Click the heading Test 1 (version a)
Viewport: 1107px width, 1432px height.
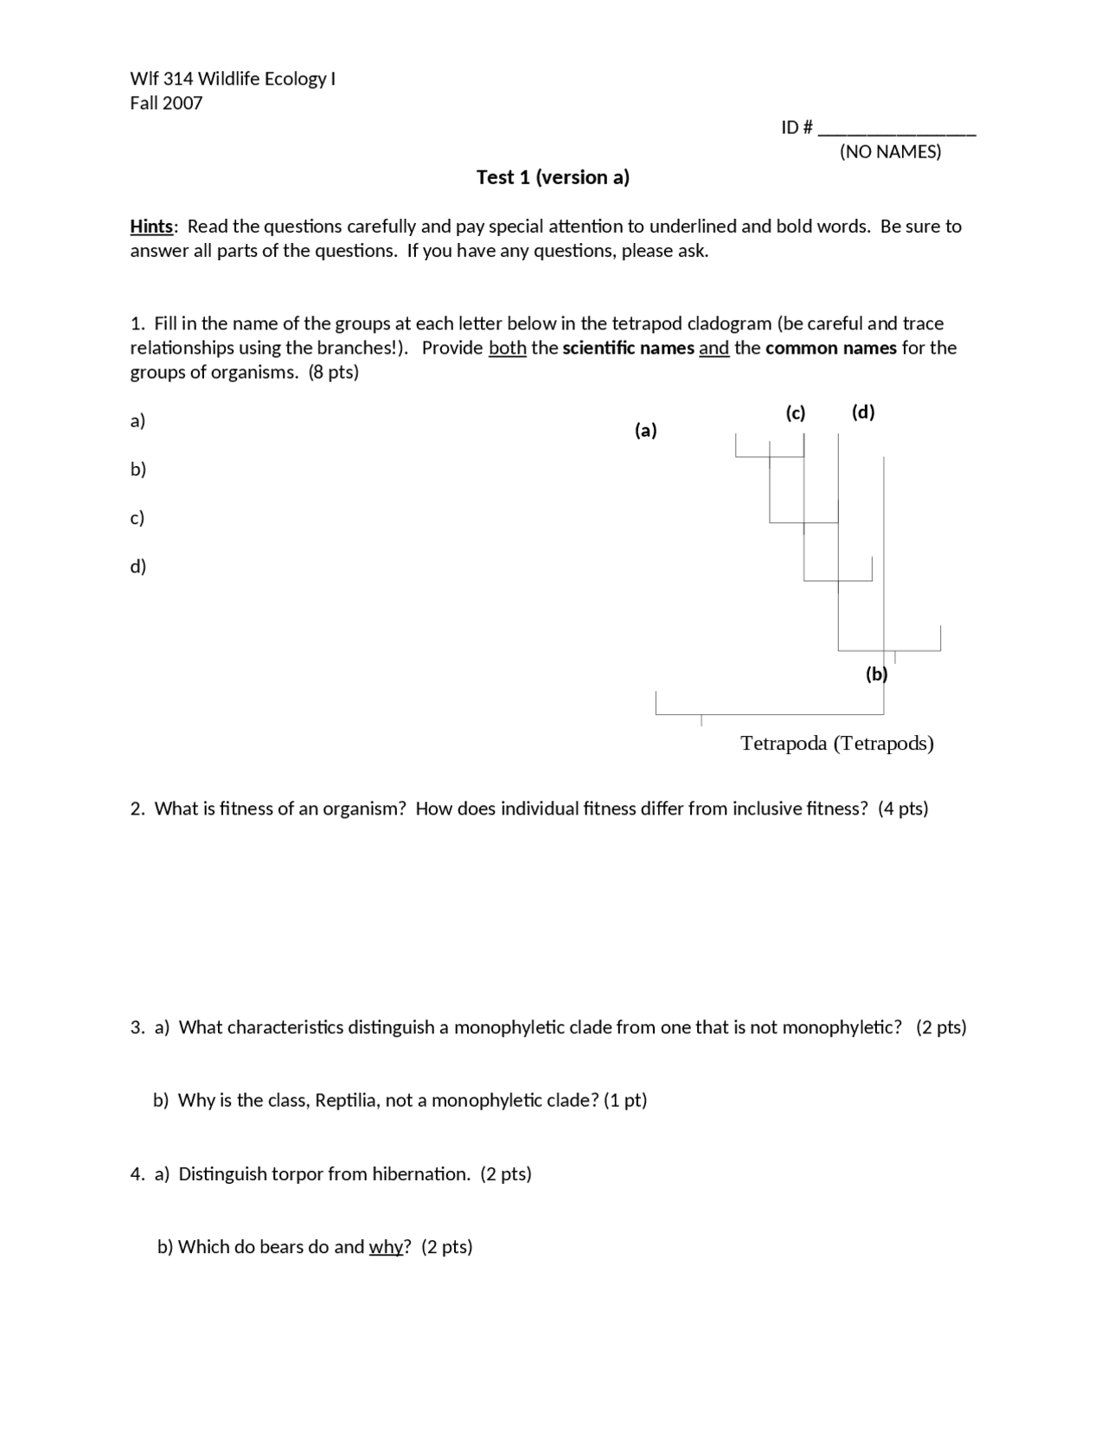(x=553, y=177)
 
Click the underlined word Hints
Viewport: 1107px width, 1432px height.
(x=151, y=227)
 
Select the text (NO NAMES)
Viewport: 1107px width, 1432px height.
(x=890, y=152)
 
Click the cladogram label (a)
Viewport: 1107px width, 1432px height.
(x=645, y=430)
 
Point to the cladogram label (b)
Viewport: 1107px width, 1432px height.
(x=876, y=674)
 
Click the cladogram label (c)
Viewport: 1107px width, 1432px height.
(x=795, y=412)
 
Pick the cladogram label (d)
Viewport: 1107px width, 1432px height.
(x=862, y=412)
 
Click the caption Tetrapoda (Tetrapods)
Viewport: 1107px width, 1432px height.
(x=836, y=743)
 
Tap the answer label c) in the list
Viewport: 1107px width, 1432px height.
(x=137, y=518)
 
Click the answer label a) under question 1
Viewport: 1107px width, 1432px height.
(x=137, y=421)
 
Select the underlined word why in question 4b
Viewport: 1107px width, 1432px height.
(x=386, y=1247)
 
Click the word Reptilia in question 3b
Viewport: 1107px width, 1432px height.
(x=345, y=1101)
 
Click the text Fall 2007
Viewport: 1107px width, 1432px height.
(x=166, y=103)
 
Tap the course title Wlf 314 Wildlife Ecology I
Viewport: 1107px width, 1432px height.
(x=232, y=79)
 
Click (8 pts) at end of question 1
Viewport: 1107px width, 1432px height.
(x=333, y=373)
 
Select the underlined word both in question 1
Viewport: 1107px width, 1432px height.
(x=507, y=348)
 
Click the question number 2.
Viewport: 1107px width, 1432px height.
(x=137, y=809)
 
